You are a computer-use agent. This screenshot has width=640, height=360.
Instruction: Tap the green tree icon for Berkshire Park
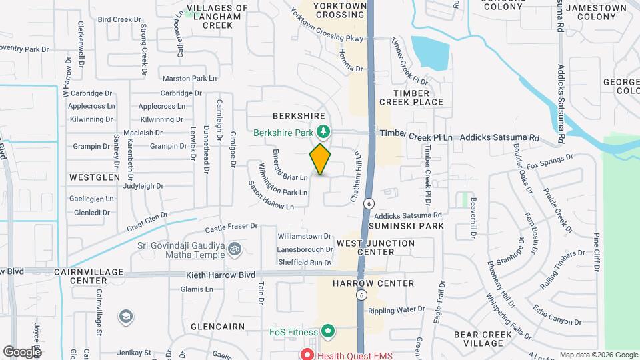[323, 132]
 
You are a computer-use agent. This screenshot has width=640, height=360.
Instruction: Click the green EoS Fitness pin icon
[327, 331]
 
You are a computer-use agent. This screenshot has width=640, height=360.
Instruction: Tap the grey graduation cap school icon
[125, 315]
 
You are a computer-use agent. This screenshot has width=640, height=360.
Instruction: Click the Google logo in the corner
[21, 351]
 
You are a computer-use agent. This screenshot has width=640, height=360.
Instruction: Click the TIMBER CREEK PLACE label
[411, 97]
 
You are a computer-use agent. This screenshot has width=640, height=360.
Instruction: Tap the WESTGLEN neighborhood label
[94, 177]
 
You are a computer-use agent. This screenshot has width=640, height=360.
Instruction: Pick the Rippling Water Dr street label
[396, 309]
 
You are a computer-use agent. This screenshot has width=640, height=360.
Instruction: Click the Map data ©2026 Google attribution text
[598, 355]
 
